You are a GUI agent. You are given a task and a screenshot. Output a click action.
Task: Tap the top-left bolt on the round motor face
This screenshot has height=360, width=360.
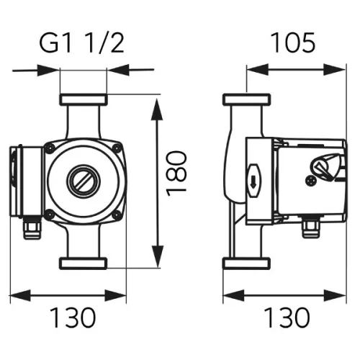48,148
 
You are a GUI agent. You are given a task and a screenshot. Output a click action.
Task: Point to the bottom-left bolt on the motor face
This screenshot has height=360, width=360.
48,214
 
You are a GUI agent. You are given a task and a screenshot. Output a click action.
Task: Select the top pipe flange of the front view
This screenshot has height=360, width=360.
84,99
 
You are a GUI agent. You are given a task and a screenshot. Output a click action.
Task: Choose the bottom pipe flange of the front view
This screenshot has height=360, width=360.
84,263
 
